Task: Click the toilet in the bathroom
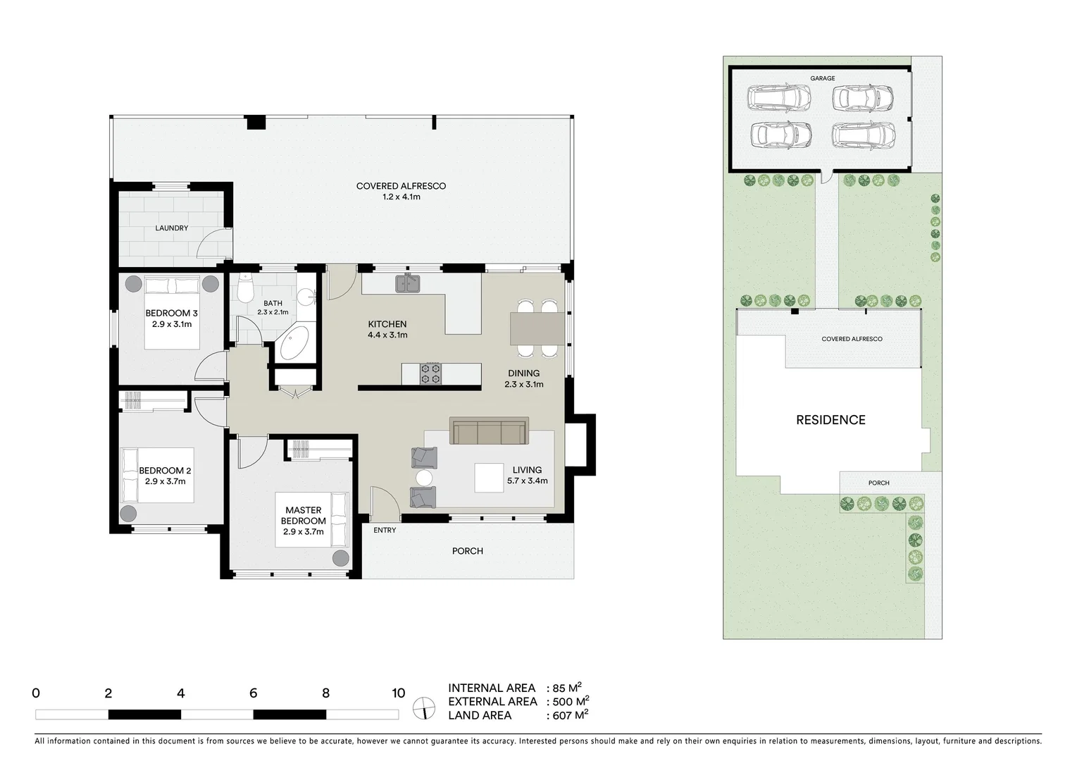pyautogui.click(x=244, y=288)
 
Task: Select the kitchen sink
pyautogui.click(x=408, y=283)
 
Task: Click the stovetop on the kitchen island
pyautogui.click(x=430, y=373)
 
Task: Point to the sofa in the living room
pyautogui.click(x=489, y=431)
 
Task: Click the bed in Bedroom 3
pyautogui.click(x=172, y=313)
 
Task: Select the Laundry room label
pyautogui.click(x=172, y=228)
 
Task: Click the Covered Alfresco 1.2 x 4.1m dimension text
pyautogui.click(x=401, y=197)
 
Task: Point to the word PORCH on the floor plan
pyautogui.click(x=468, y=551)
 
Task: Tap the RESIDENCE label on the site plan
pyautogui.click(x=830, y=420)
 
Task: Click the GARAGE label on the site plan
pyautogui.click(x=822, y=78)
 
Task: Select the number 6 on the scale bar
pyautogui.click(x=254, y=693)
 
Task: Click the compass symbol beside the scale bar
pyautogui.click(x=425, y=707)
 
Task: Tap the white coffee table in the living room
pyautogui.click(x=488, y=477)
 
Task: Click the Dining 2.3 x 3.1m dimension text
pyautogui.click(x=524, y=385)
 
